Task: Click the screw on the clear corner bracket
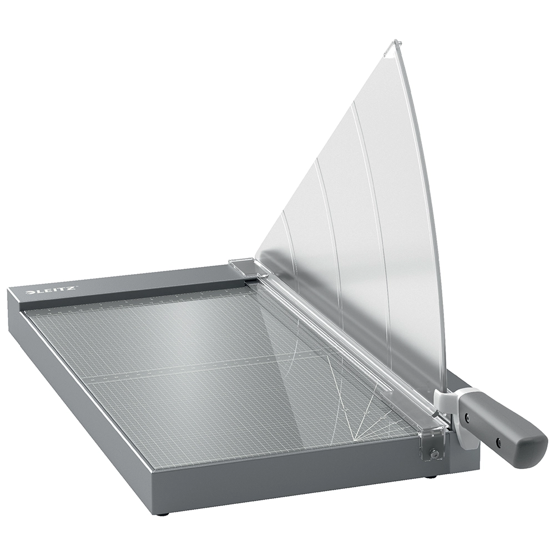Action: pos(435,455)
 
